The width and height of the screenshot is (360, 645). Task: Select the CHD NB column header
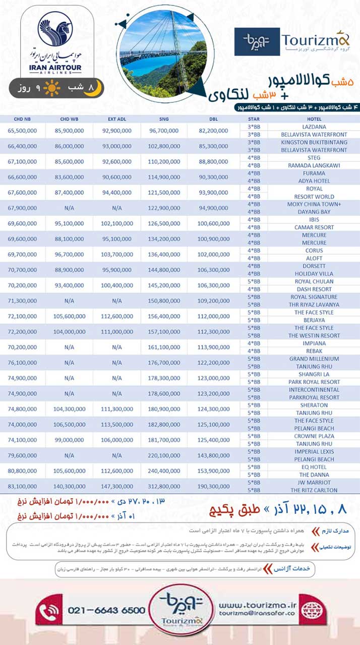(22, 119)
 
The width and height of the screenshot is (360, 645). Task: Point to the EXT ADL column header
(116, 119)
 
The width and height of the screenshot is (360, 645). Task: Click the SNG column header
(164, 119)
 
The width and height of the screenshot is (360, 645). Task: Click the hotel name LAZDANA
(314, 127)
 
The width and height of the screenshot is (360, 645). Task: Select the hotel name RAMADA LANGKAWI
(314, 165)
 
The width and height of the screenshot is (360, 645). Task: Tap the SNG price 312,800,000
(164, 486)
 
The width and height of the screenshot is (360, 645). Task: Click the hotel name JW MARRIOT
(314, 483)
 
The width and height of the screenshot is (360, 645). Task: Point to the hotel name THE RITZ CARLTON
(314, 490)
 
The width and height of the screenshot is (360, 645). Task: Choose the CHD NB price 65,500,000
(22, 131)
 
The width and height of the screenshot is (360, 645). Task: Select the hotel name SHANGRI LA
(314, 374)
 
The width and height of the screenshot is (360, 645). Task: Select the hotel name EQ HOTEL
(314, 467)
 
